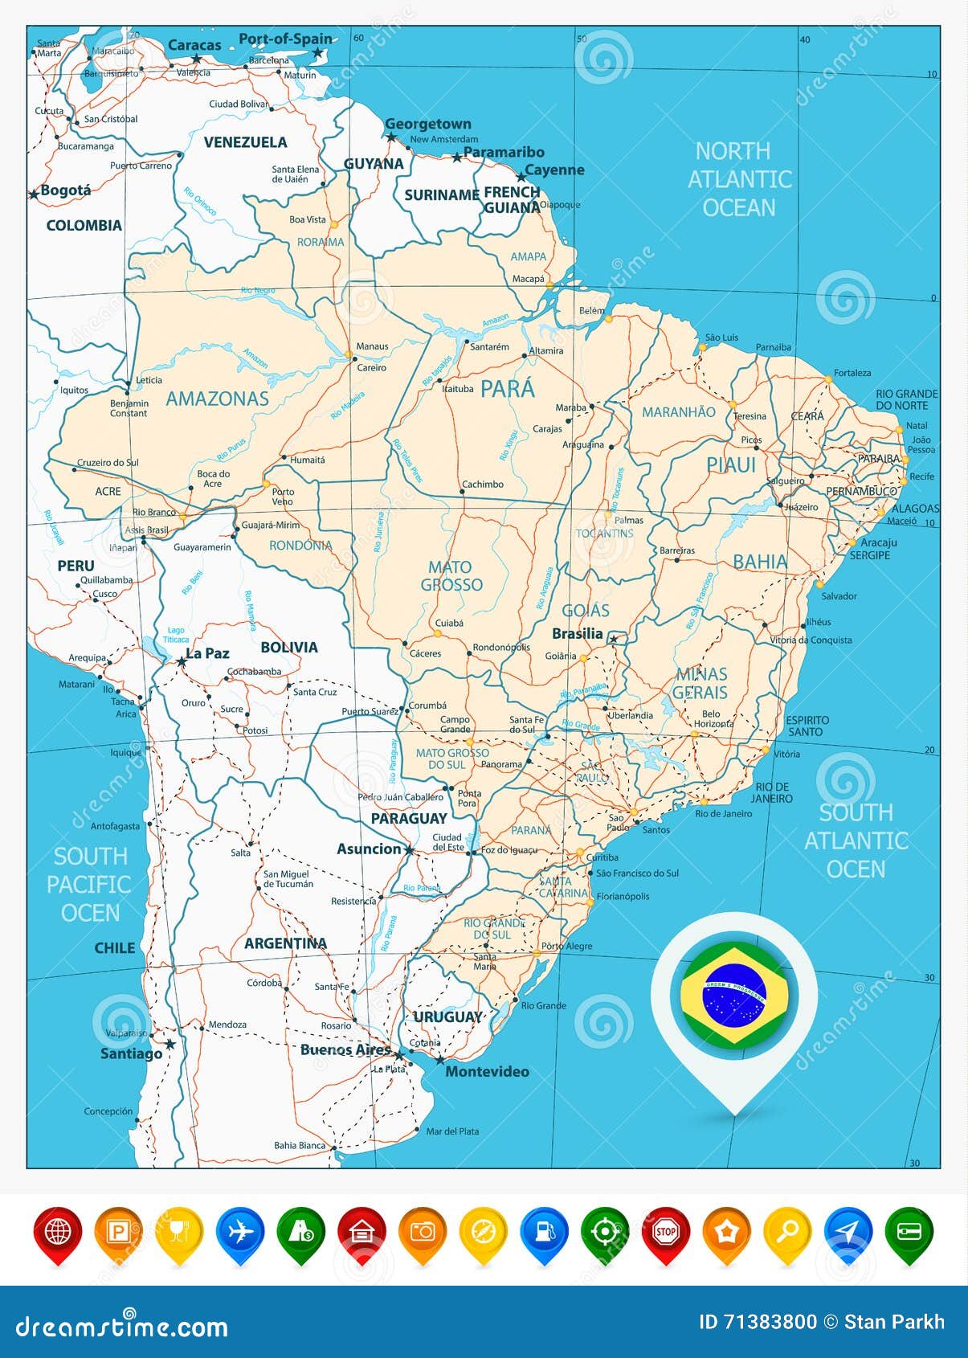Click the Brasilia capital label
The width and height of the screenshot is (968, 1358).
click(577, 633)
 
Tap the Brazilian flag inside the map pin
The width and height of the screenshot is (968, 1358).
click(734, 994)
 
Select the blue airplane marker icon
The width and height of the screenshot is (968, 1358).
click(240, 1231)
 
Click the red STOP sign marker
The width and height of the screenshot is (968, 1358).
click(665, 1231)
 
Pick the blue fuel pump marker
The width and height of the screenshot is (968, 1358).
click(544, 1231)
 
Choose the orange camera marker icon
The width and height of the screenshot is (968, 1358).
click(423, 1231)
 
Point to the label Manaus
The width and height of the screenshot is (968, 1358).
click(372, 346)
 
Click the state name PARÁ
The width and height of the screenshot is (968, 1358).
click(507, 389)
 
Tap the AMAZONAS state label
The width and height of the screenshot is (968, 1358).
click(217, 399)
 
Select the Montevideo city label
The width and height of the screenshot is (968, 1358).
click(487, 1071)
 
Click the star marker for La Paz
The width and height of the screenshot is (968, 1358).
click(182, 661)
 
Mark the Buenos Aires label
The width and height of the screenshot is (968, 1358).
click(345, 1049)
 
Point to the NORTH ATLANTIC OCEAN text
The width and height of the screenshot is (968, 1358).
click(739, 179)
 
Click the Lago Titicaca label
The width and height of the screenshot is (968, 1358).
click(176, 635)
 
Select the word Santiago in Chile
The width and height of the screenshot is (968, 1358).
click(131, 1053)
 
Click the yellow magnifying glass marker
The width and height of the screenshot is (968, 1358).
click(787, 1231)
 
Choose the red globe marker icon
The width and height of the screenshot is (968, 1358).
click(58, 1231)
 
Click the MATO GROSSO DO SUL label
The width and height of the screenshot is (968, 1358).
click(452, 759)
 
